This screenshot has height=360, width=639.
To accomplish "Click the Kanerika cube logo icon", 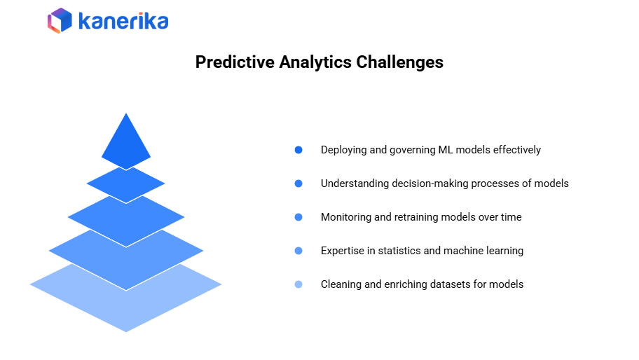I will pos(60,20).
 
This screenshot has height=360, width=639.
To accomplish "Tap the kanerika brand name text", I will pos(123,21).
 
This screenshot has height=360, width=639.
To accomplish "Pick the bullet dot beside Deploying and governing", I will pos(298,150).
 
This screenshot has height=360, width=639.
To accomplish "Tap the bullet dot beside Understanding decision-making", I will pos(298,184).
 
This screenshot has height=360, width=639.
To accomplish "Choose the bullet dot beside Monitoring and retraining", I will pos(298,217).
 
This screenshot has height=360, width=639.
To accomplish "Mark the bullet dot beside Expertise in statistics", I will pos(298,251).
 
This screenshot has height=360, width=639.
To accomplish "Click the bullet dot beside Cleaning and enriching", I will pos(298,284).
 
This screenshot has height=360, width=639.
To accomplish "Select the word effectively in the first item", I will pos(517,150).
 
